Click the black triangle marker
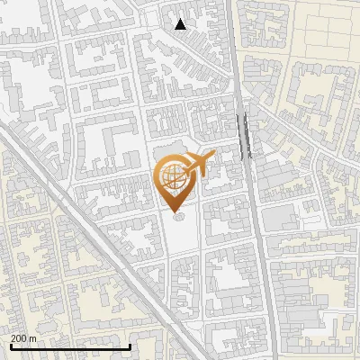coord(181,24)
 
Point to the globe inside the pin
coord(175,176)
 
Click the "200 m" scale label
coord(23,337)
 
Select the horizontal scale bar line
coord(70,346)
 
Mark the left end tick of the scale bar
coord(10,346)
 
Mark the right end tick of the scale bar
coord(130,346)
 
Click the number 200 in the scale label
coord(19,337)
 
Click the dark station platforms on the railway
coord(244,135)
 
